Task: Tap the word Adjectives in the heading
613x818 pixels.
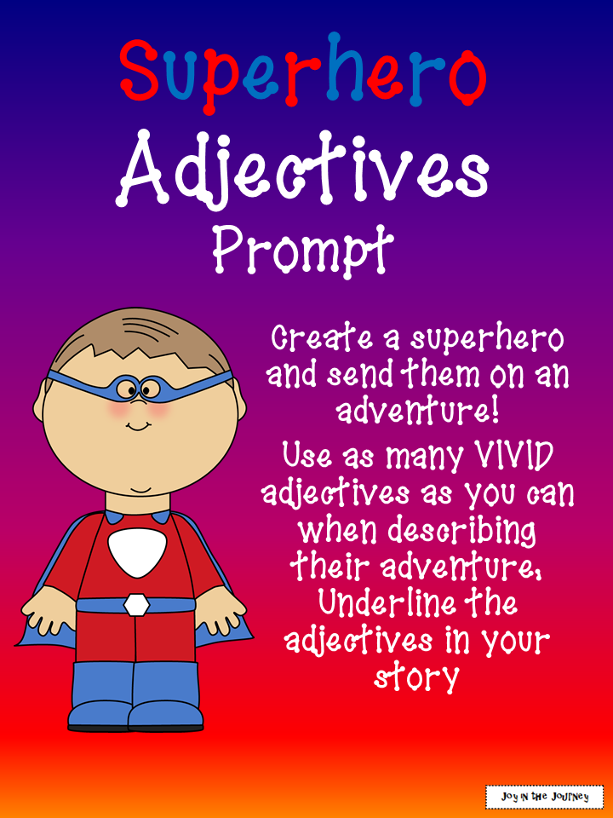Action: coord(304,170)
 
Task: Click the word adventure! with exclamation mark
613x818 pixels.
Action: coord(416,411)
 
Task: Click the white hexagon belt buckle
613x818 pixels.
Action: coord(135,605)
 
